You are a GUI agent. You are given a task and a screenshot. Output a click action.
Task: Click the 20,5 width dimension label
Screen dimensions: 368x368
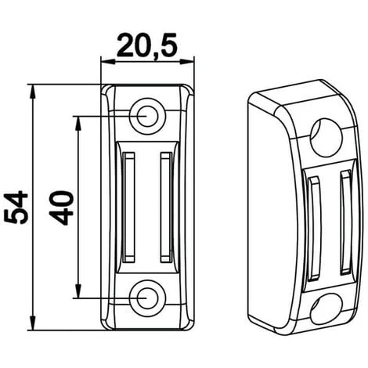[147, 45]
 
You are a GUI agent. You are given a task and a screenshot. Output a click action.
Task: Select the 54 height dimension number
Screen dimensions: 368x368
[16, 207]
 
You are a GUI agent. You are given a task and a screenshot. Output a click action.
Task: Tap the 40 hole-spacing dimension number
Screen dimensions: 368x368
[61, 208]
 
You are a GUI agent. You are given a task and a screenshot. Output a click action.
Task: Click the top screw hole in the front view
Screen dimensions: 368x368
[148, 116]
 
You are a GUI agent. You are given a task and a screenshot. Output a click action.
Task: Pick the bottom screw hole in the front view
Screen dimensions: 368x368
[148, 298]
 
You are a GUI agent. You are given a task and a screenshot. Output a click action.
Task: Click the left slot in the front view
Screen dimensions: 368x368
[128, 207]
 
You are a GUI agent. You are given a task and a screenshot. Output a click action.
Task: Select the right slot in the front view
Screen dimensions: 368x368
[166, 207]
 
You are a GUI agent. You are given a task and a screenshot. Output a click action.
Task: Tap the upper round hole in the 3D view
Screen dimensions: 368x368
[326, 138]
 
